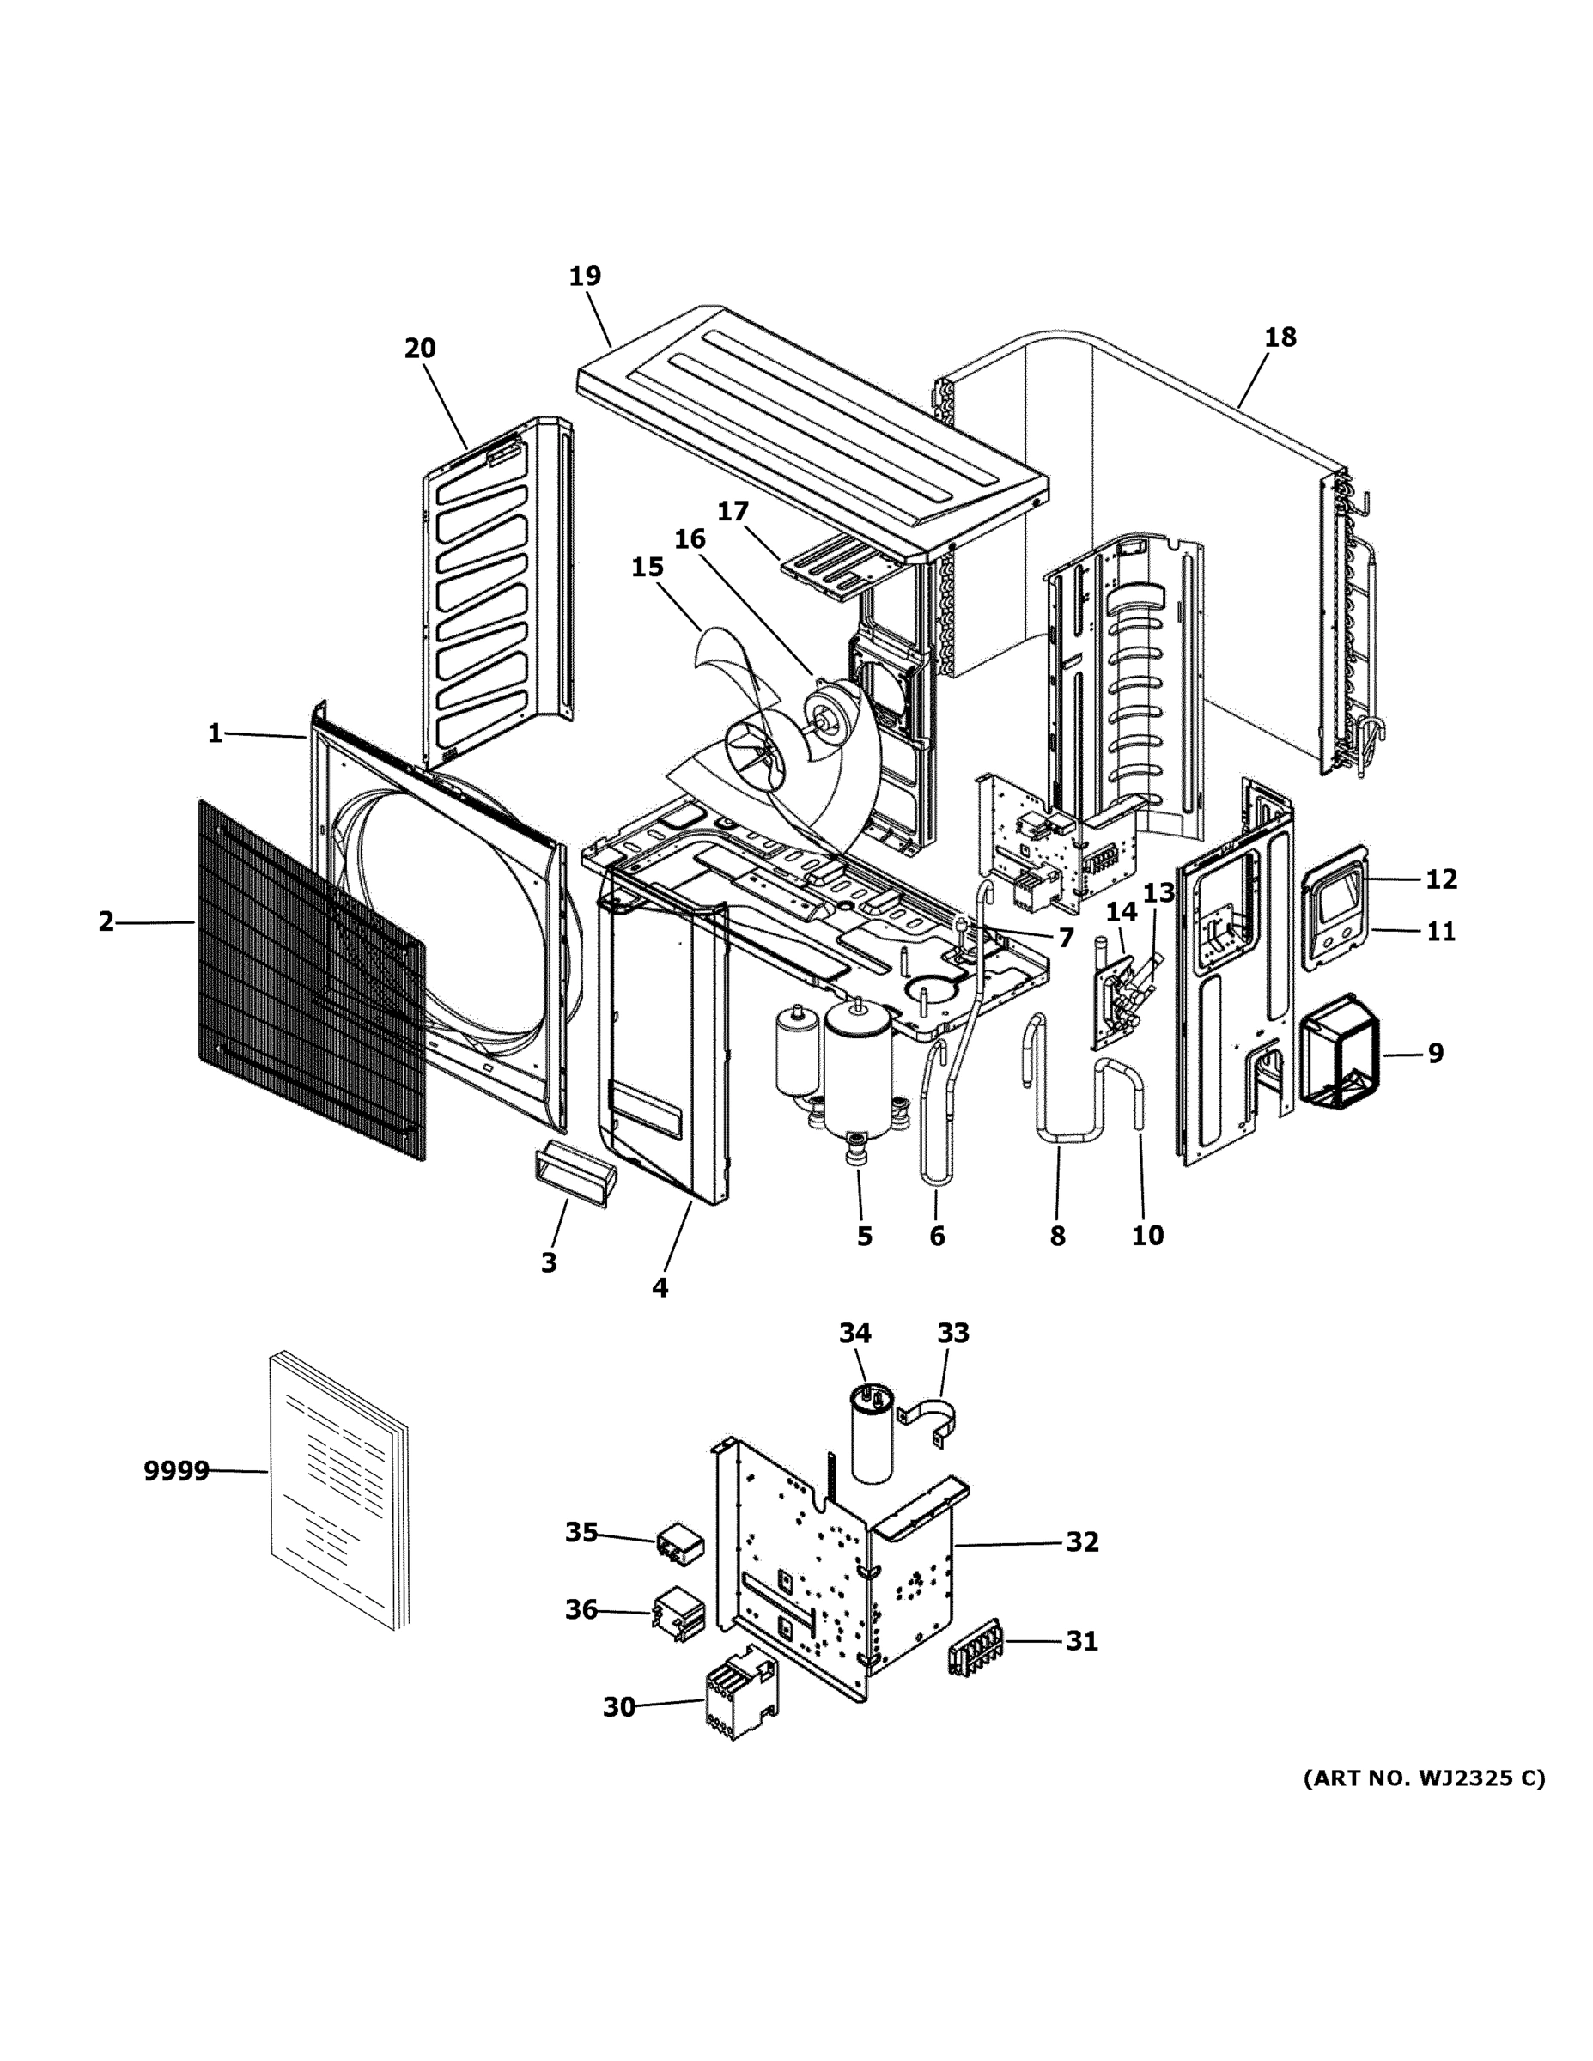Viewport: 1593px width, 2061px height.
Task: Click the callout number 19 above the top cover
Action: (584, 277)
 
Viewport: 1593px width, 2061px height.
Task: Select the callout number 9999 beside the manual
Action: (177, 1470)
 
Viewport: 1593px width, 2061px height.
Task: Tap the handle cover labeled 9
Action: (1338, 1048)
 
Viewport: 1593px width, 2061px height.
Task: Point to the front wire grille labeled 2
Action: (312, 982)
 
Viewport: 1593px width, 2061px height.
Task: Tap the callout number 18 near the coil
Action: (1280, 337)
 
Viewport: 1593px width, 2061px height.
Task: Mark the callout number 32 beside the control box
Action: (1082, 1542)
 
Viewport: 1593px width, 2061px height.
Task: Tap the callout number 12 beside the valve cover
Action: (1440, 879)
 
